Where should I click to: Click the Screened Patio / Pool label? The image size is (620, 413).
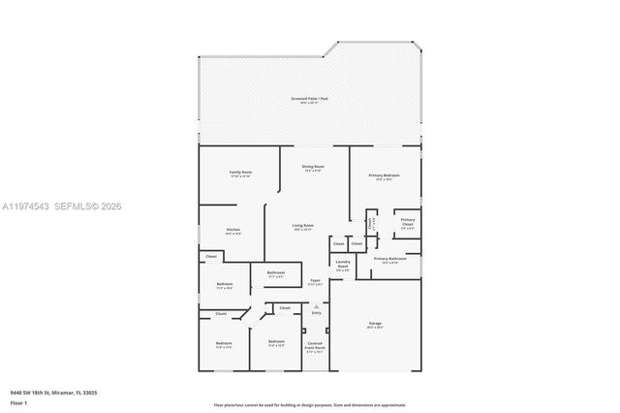pos(310,99)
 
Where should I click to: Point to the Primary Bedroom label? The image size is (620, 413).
pos(385,175)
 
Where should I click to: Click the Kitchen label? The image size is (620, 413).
pos(232,231)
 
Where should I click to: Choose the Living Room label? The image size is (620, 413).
pos(303,226)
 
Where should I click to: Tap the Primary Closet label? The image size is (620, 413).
pos(408,222)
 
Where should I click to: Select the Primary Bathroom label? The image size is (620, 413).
pos(389,259)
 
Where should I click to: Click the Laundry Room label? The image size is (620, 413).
pos(343,263)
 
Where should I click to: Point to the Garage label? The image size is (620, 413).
pos(375,326)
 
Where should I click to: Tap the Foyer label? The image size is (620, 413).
pos(315,281)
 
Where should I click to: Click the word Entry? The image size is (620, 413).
pos(316,312)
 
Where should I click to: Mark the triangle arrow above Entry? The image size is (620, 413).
pos(316,304)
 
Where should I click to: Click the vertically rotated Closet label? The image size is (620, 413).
pos(370,222)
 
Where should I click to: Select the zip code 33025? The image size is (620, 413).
pos(89,393)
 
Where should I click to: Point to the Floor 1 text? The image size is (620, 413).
pos(17,400)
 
